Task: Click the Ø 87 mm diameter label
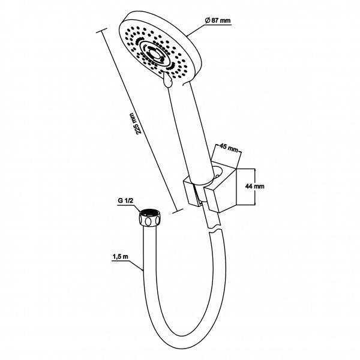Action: point(217,20)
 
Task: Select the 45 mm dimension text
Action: point(228,148)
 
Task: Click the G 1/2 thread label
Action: point(125,200)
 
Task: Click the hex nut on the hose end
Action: point(149,218)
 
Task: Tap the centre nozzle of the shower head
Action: point(155,55)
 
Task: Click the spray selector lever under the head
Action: point(167,79)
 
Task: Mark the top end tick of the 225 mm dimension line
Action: point(101,31)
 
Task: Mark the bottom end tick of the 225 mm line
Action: point(178,211)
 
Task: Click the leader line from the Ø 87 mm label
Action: point(196,30)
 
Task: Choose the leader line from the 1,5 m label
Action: point(136,266)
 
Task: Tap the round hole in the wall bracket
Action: point(218,172)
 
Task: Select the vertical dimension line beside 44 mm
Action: point(255,187)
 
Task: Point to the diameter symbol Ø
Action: point(207,20)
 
